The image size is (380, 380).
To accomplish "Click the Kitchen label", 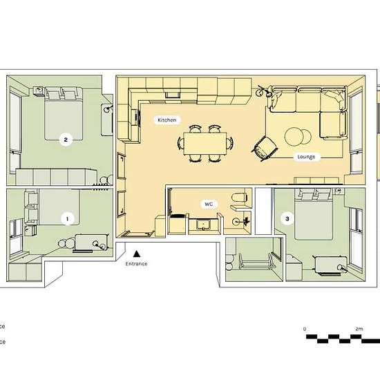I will (167, 120).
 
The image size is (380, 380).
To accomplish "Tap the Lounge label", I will (306, 157).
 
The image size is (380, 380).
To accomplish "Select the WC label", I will (208, 205).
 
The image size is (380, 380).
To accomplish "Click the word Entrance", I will (137, 265).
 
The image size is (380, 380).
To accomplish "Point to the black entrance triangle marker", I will (137, 254).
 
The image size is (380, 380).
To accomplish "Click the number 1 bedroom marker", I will (67, 218).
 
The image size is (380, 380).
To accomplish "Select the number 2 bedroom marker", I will (65, 140).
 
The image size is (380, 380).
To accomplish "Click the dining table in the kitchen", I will (205, 143).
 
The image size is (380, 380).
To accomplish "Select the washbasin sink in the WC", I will (205, 224).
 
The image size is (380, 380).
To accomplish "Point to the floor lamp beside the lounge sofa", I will (261, 91).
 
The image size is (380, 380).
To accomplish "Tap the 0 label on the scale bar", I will (305, 328).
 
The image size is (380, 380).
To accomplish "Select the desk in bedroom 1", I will (90, 242).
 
